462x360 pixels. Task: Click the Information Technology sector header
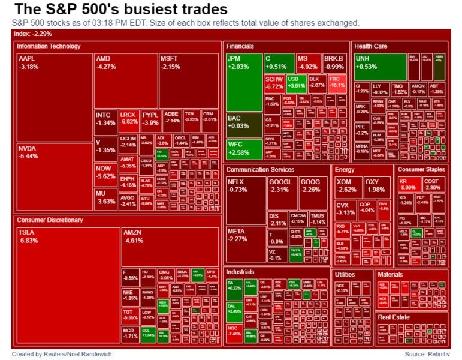(x=49, y=46)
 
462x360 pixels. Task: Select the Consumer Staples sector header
(x=422, y=169)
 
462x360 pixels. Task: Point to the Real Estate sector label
(x=393, y=317)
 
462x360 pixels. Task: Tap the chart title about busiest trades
(x=120, y=10)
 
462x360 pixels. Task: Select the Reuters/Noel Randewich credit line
(x=61, y=354)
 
